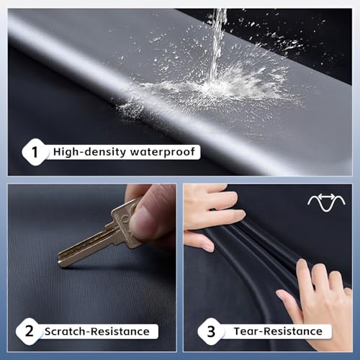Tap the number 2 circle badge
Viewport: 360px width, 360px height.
(28, 331)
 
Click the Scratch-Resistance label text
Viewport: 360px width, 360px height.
(97, 331)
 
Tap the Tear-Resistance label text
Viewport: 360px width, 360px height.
(278, 331)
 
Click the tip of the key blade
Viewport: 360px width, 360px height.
(60, 261)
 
